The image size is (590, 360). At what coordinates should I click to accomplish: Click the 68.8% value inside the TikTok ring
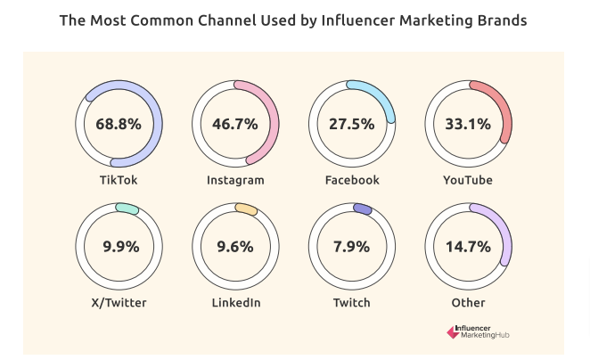point(119,124)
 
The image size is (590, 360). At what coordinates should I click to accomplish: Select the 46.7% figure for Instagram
point(235,124)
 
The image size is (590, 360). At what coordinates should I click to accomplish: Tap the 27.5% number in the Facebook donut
point(352,124)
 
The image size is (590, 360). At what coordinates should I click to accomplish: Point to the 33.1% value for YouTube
point(469,124)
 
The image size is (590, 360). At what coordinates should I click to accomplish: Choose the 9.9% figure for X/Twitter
point(119,247)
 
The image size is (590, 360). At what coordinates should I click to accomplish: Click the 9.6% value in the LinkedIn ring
point(235,247)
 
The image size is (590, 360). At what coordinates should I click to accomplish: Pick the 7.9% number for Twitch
point(352,247)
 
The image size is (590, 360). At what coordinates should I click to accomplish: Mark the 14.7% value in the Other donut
point(469,247)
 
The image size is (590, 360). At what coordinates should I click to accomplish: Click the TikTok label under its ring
point(119,180)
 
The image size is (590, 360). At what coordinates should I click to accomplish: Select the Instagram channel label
point(235,180)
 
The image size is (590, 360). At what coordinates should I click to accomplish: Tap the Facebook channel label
point(352,180)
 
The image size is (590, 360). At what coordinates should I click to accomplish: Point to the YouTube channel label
point(469,180)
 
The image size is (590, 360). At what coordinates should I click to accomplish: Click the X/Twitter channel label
point(119,303)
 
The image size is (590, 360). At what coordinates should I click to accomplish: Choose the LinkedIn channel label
point(235,303)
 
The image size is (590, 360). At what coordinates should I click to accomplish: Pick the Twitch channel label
point(352,303)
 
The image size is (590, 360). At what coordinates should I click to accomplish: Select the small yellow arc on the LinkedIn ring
point(246,209)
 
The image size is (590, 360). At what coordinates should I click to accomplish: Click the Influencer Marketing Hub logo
point(484,331)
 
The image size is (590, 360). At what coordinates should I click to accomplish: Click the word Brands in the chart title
point(497,20)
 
